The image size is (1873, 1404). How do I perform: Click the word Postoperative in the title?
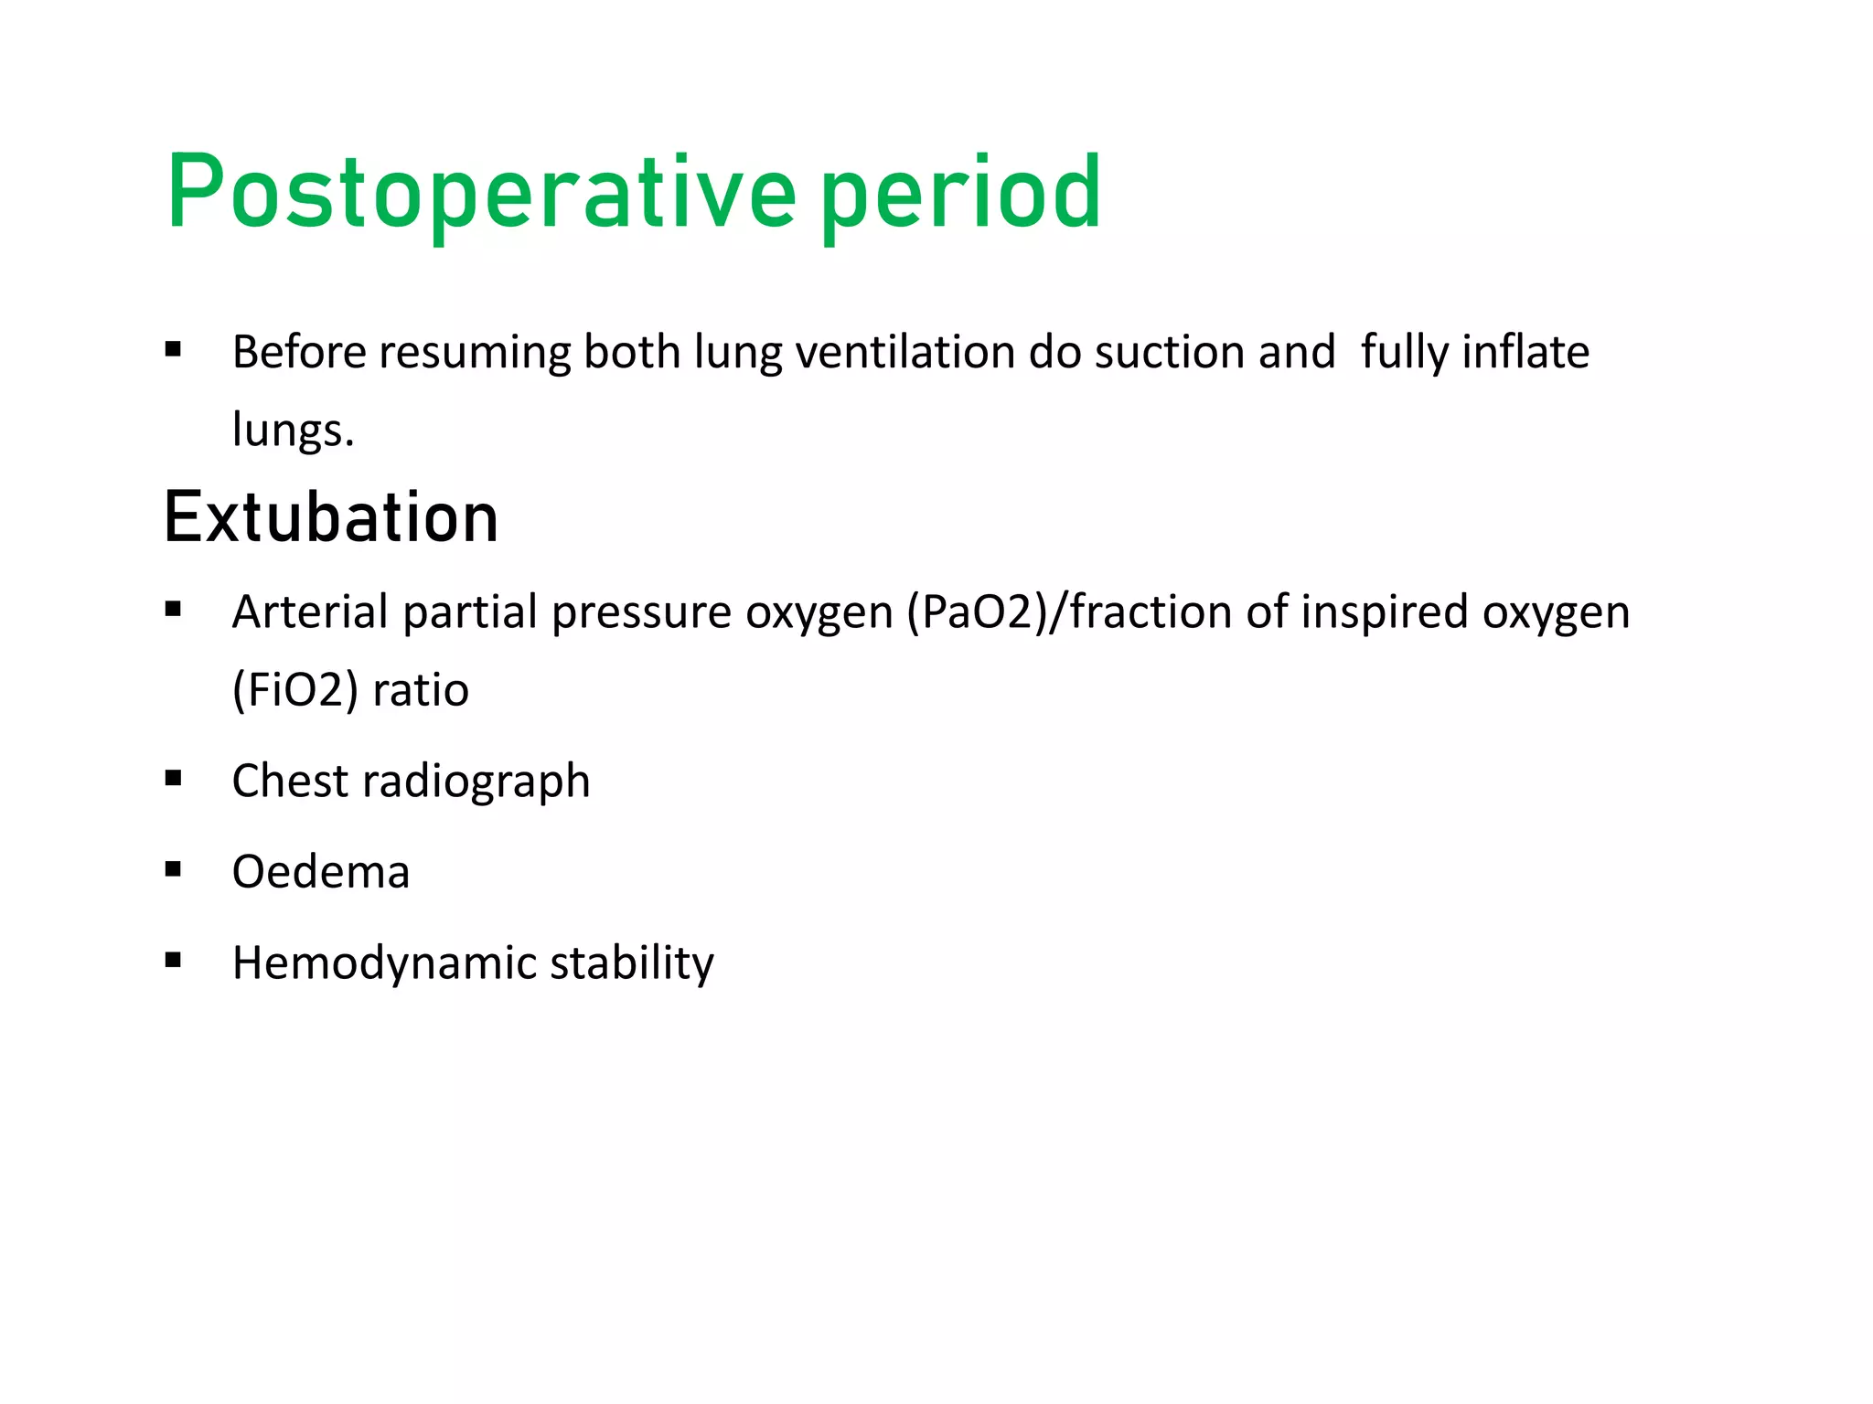[481, 194]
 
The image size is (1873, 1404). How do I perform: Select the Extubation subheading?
[331, 518]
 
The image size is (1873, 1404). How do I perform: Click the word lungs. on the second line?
[293, 430]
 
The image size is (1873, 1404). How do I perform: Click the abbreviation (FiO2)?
[294, 689]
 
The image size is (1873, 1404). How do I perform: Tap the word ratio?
[421, 689]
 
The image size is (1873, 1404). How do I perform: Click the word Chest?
[290, 781]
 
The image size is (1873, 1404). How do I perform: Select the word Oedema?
[321, 871]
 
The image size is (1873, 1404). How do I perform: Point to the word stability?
[631, 963]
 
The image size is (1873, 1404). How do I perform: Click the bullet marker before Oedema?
[173, 869]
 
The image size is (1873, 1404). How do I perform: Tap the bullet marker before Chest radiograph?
[173, 779]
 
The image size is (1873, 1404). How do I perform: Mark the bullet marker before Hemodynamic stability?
[173, 961]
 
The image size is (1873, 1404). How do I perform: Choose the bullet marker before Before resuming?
[173, 350]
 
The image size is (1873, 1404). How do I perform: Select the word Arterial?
[310, 612]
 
